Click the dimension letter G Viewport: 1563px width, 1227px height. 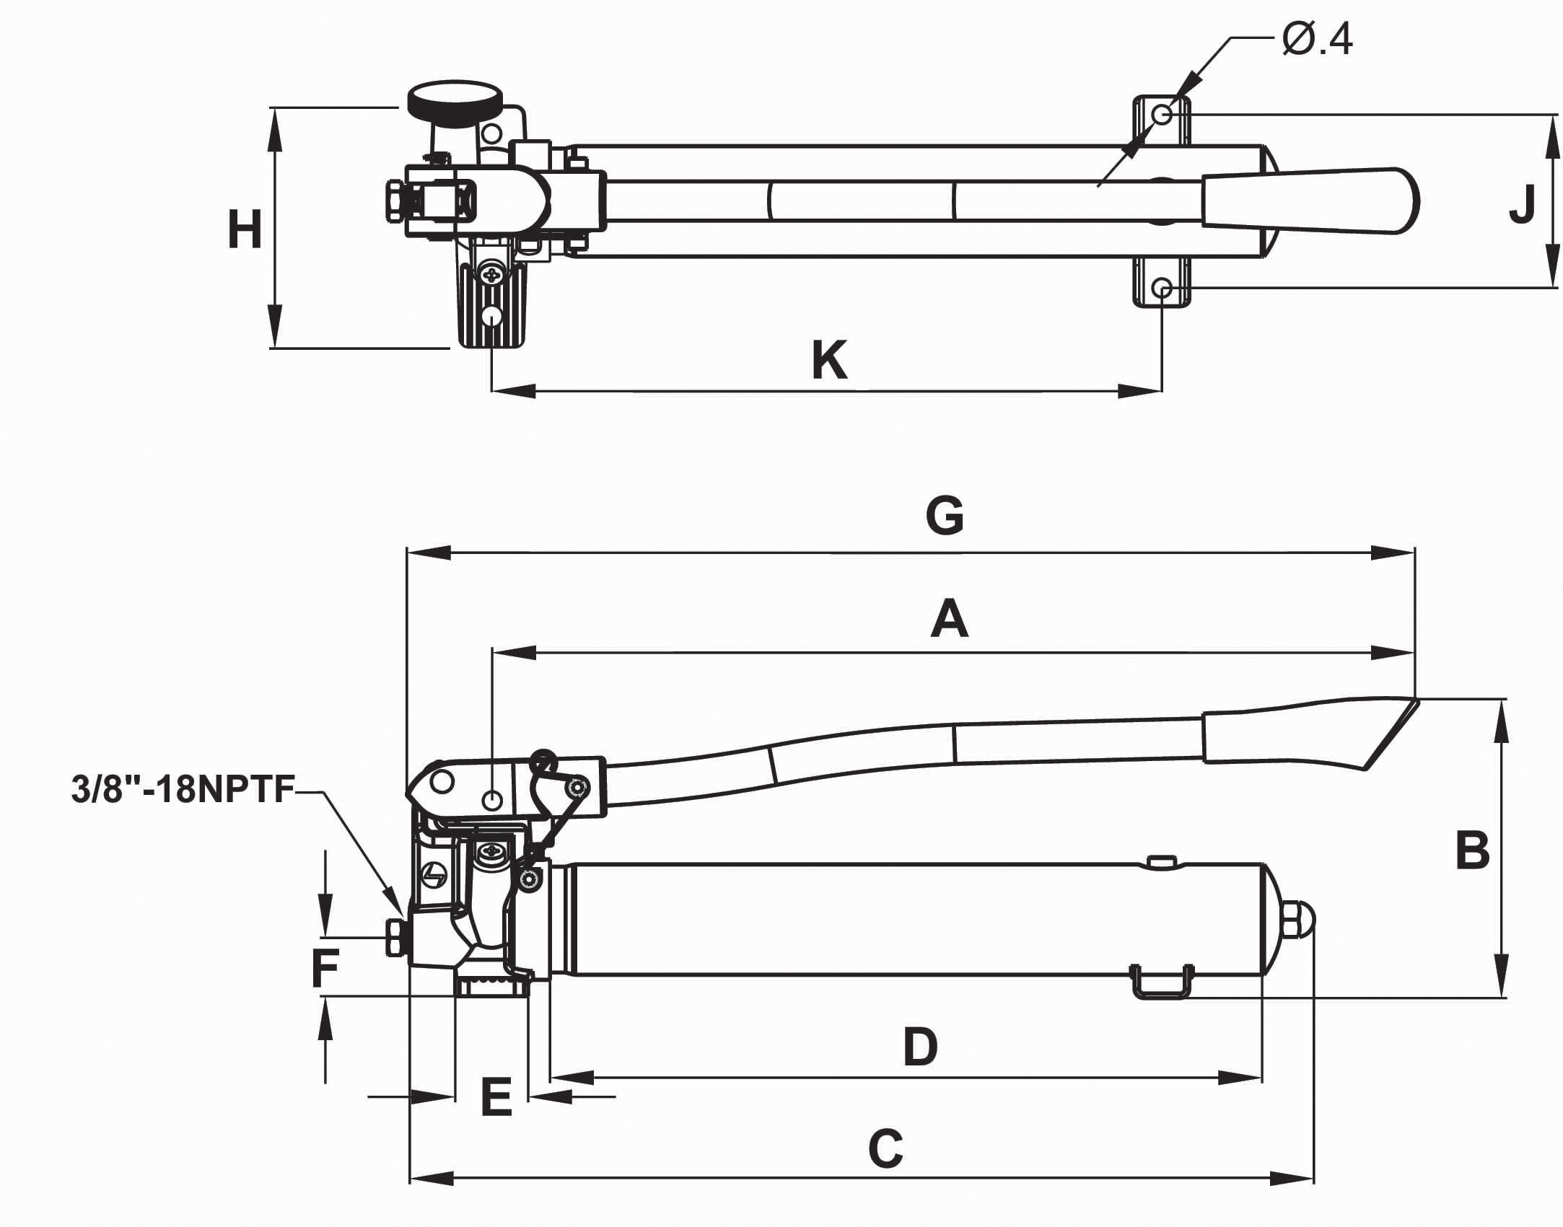(x=945, y=516)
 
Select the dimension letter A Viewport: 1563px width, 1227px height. (x=949, y=620)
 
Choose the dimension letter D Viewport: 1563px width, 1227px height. (x=920, y=1047)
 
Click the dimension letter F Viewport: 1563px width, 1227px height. (x=325, y=968)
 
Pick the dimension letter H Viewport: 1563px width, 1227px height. (x=245, y=230)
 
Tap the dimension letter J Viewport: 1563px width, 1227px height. (x=1522, y=204)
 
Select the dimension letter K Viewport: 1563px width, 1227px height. (x=829, y=361)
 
